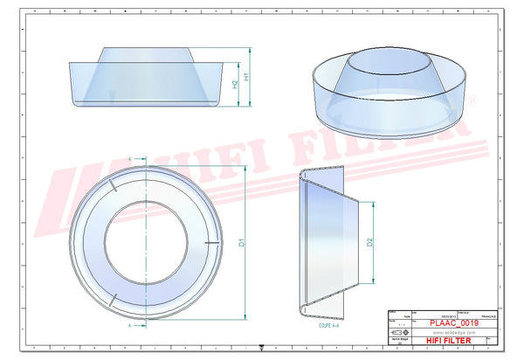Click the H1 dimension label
click(x=247, y=77)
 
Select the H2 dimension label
click(x=235, y=84)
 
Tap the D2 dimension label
click(x=370, y=242)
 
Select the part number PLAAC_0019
click(x=459, y=322)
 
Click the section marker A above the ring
click(x=129, y=158)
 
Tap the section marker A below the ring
click(x=129, y=323)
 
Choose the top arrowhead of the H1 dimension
click(x=242, y=64)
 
